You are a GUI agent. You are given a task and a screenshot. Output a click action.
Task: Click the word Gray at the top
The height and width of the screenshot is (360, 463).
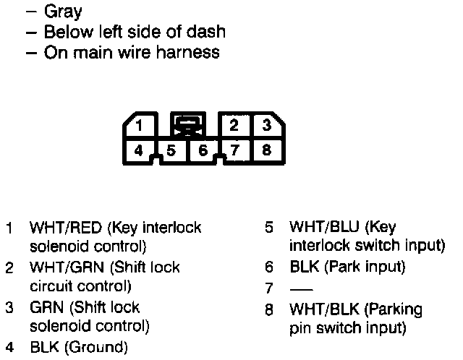click(63, 12)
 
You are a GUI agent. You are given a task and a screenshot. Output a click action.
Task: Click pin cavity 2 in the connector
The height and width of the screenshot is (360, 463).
click(234, 125)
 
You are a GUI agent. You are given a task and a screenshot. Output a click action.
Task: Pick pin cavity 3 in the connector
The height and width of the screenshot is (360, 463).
click(266, 125)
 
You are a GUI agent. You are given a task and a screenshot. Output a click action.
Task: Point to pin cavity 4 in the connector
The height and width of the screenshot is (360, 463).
click(139, 151)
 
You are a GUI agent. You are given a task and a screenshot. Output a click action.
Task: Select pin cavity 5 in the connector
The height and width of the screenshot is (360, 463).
click(171, 151)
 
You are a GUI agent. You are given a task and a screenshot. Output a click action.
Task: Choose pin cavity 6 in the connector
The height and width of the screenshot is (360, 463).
click(203, 151)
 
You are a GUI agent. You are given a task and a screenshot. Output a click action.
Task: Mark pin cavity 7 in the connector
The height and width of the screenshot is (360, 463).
click(234, 151)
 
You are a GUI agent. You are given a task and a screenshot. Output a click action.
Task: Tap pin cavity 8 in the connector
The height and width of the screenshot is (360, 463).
click(266, 151)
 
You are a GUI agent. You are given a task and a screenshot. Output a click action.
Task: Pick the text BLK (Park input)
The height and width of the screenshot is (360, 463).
click(347, 267)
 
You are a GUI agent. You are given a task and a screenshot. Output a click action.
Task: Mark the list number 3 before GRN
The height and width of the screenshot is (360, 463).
click(9, 307)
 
